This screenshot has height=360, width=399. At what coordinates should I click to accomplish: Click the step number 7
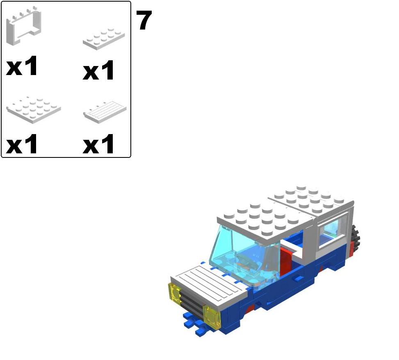click(x=144, y=20)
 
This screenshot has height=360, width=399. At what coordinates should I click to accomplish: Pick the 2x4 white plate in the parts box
click(x=104, y=39)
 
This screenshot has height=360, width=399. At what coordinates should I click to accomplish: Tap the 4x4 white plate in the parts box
click(x=33, y=110)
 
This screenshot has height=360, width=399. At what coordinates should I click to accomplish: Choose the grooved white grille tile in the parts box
click(x=105, y=112)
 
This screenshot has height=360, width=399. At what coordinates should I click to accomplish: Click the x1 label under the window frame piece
click(x=22, y=66)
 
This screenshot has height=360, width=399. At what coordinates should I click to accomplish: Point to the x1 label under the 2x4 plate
click(x=98, y=70)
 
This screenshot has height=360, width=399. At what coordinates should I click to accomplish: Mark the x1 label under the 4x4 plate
click(x=22, y=144)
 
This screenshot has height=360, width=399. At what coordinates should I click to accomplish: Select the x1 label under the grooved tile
click(x=98, y=144)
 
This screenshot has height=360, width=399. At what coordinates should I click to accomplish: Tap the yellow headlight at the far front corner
click(x=175, y=293)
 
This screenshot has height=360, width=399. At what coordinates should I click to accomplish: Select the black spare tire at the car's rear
click(x=355, y=237)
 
